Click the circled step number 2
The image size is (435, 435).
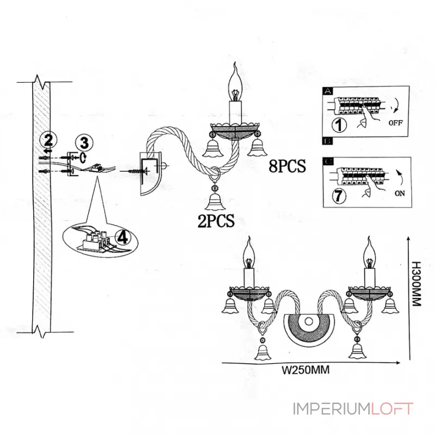48,140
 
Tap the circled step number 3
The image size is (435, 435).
84,142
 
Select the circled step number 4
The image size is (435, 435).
123,238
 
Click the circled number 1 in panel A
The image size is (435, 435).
339,125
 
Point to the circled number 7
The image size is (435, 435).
339,196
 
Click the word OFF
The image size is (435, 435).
396,123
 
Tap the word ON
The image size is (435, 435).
400,194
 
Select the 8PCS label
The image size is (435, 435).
288,166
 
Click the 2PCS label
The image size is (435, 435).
216,221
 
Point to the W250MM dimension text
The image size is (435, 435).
306,370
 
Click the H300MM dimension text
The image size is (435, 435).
417,283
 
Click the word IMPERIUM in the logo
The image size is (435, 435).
332,409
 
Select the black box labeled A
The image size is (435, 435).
328,91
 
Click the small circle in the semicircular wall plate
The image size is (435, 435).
308,321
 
